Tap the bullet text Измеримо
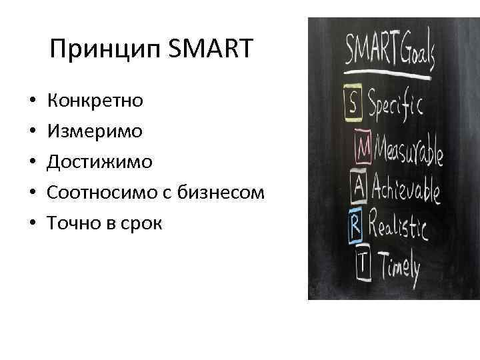pyautogui.click(x=94, y=131)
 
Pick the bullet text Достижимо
pyautogui.click(x=99, y=162)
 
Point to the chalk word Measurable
pyautogui.click(x=409, y=150)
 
